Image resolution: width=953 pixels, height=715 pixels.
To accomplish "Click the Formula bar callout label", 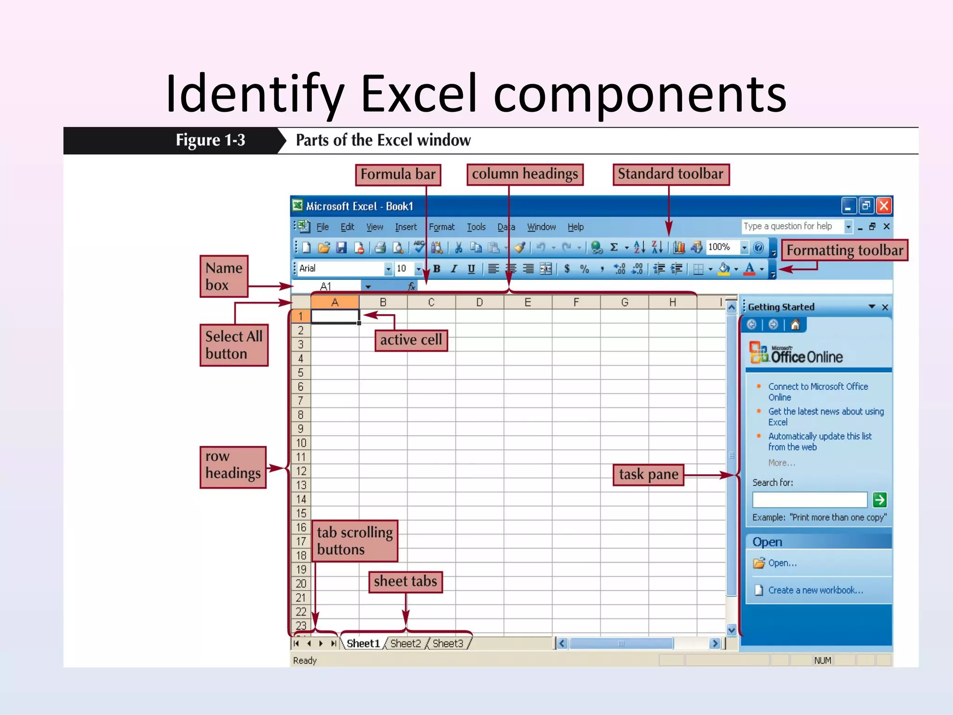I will [x=398, y=175].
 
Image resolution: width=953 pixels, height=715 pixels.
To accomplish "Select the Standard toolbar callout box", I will [x=671, y=174].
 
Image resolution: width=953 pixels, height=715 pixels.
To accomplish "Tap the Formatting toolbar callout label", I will [x=844, y=250].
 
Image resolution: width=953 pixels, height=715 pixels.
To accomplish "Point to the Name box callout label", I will [x=224, y=276].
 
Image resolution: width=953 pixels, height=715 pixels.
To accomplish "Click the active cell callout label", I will [x=411, y=340].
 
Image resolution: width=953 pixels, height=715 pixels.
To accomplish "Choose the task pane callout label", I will [x=648, y=474].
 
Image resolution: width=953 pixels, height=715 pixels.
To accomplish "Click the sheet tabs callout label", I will [x=405, y=581].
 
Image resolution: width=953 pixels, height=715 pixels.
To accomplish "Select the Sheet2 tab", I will [x=405, y=643].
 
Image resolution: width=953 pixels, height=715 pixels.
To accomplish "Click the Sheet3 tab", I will [x=448, y=643].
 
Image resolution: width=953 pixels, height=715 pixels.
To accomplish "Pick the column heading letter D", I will [x=479, y=303].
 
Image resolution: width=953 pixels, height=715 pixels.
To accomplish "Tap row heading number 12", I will [x=301, y=471].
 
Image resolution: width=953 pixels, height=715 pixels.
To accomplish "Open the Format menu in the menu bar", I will [x=441, y=227].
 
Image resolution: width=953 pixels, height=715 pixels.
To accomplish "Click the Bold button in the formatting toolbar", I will [x=436, y=269].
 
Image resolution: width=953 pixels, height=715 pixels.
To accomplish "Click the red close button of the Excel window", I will [x=884, y=206].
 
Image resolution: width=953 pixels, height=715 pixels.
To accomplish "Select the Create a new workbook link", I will [x=815, y=590].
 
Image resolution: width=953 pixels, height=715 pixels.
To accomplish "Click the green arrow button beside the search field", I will [x=879, y=500].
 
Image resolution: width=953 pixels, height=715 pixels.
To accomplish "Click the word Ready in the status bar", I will [x=305, y=660].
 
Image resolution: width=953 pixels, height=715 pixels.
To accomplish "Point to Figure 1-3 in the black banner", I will [x=210, y=140].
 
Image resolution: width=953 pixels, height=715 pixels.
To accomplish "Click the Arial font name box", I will [x=340, y=269].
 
